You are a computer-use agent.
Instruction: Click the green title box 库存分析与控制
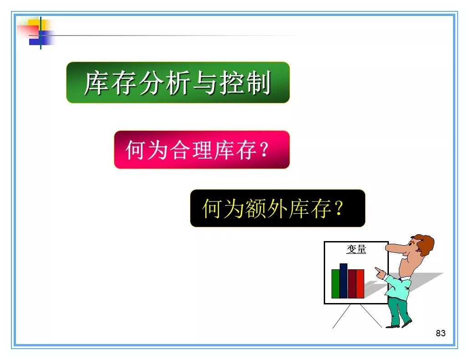pos(178,82)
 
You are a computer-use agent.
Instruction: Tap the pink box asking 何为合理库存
pos(202,149)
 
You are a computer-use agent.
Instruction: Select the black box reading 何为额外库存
pos(278,208)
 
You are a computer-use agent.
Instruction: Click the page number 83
pos(440,333)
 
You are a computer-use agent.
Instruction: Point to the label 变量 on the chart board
pos(356,249)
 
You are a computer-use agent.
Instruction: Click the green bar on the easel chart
pos(335,284)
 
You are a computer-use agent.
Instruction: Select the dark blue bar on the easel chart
pos(343,281)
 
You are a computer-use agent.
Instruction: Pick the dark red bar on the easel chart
pos(352,284)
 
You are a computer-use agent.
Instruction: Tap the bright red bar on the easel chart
pos(360,284)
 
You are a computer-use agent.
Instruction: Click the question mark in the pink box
pos(264,149)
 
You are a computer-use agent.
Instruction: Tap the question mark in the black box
pos(339,208)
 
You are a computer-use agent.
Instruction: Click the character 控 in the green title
pos(232,82)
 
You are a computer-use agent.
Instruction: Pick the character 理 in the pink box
pos(202,149)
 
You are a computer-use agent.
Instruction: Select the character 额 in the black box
pos(256,208)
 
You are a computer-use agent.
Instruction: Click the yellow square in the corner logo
pos(37,25)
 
